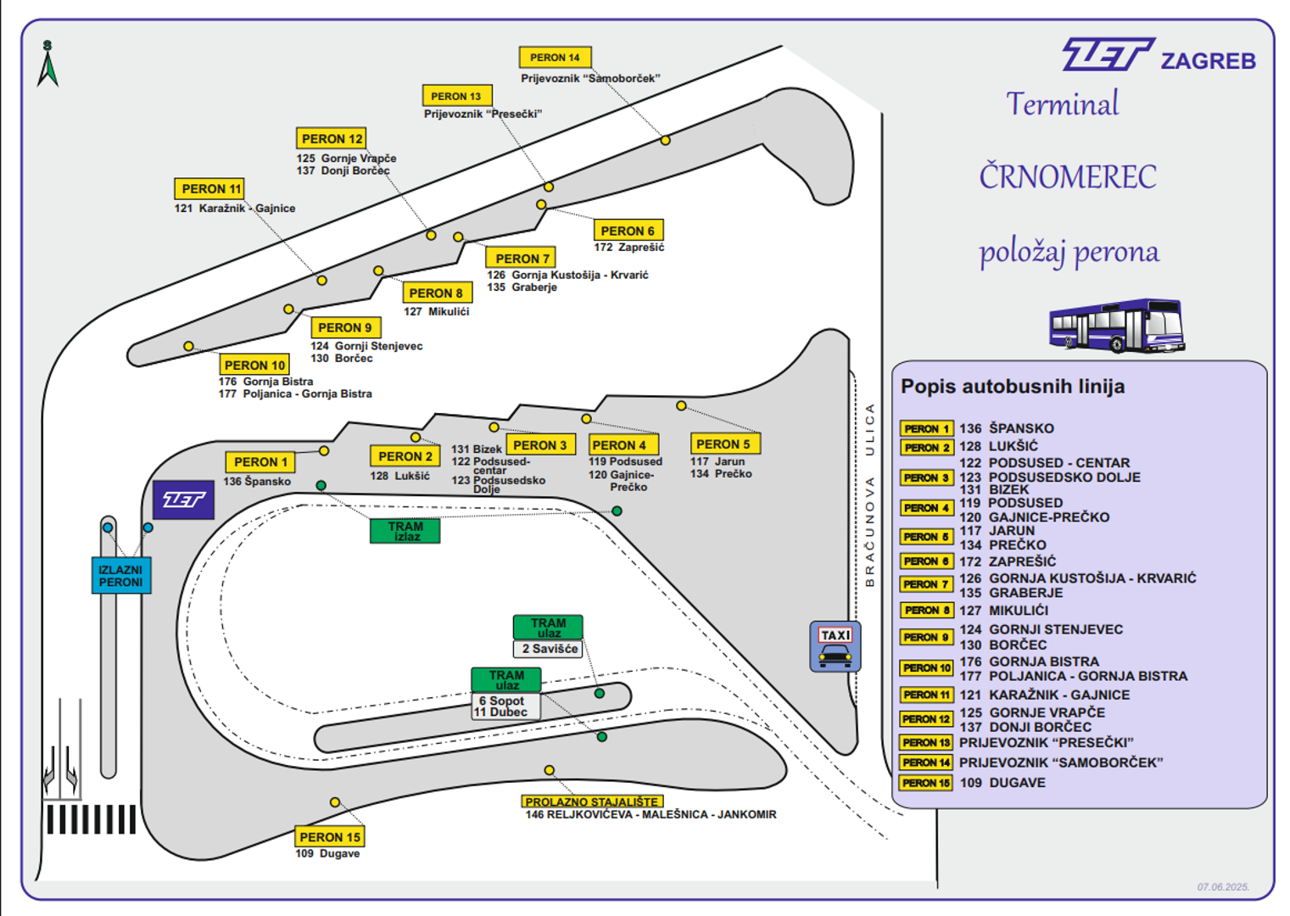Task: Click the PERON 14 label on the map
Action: point(555,58)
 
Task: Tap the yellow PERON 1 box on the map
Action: point(260,462)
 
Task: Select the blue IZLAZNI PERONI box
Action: point(120,576)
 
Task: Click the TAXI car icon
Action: point(835,655)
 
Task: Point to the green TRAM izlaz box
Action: point(405,531)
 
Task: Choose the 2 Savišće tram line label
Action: point(549,649)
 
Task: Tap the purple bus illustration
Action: point(1116,325)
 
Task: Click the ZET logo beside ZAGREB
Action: point(1107,55)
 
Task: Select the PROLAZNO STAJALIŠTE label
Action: point(591,801)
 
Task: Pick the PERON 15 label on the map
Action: point(329,837)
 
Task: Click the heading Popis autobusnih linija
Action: point(1013,387)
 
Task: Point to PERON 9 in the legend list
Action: point(926,637)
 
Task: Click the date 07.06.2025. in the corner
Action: point(1223,887)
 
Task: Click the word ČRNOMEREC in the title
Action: point(1067,177)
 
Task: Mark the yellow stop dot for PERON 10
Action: point(188,346)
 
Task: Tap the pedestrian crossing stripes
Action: point(91,819)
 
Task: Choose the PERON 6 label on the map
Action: point(628,231)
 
